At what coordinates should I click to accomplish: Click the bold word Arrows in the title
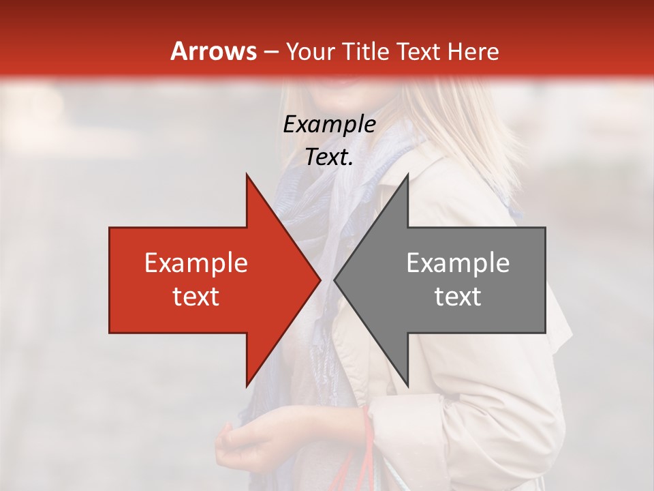pyautogui.click(x=213, y=51)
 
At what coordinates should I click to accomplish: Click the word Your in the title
pyautogui.click(x=310, y=52)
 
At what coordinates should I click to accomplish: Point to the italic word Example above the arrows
pyautogui.click(x=329, y=125)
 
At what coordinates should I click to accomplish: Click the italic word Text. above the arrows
pyautogui.click(x=329, y=158)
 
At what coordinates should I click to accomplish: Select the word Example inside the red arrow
pyautogui.click(x=196, y=263)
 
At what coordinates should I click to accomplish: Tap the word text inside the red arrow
pyautogui.click(x=196, y=297)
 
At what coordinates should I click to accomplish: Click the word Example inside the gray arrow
pyautogui.click(x=458, y=263)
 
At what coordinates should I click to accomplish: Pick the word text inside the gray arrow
pyautogui.click(x=458, y=297)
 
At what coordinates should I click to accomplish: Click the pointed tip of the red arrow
pyautogui.click(x=320, y=280)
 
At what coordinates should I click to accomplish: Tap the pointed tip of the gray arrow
pyautogui.click(x=335, y=280)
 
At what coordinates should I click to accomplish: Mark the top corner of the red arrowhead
pyautogui.click(x=247, y=175)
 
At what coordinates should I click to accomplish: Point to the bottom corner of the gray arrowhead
pyautogui.click(x=407, y=385)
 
